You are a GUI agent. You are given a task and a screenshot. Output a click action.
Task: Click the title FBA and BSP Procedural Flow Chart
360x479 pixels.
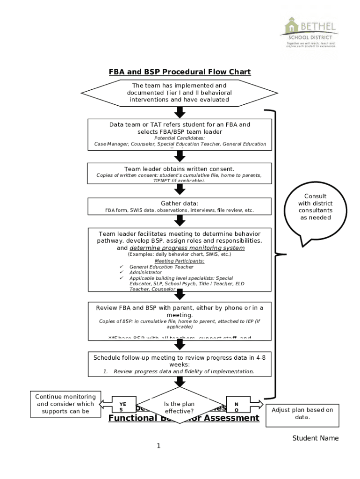coord(180,72)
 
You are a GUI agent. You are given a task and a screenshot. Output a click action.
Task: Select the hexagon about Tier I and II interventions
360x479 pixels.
coord(180,93)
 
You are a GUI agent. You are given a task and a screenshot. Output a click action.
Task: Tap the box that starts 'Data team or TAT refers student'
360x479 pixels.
coord(180,134)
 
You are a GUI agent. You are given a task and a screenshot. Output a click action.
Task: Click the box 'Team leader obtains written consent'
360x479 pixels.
coord(180,172)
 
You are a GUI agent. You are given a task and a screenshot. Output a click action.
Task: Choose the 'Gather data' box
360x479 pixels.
coord(180,206)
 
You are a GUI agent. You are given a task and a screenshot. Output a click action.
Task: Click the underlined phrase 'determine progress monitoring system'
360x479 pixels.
coord(187,248)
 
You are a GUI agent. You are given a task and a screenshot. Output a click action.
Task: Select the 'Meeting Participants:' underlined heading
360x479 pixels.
coord(180,261)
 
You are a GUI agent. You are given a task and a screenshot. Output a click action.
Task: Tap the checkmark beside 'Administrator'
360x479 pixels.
coord(122,272)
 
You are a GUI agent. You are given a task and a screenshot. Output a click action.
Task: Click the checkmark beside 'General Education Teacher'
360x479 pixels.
coord(122,267)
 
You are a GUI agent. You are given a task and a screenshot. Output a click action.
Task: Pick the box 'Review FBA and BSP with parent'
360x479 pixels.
coord(180,320)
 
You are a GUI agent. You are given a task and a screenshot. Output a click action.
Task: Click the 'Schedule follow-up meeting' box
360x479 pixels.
coord(180,364)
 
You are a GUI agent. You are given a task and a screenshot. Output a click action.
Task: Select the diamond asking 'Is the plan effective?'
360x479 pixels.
coord(180,407)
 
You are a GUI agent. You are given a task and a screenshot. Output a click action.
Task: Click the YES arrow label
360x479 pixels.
coord(122,406)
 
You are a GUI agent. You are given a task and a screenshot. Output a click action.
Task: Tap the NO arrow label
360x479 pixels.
coord(237,406)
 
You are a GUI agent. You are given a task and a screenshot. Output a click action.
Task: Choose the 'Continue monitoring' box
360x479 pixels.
coord(65,404)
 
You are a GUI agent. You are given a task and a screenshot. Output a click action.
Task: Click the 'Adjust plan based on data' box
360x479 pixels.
coord(302,414)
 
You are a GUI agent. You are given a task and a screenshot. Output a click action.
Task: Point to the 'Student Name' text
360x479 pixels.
coord(315,438)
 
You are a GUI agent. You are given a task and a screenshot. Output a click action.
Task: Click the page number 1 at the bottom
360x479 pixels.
coord(158,446)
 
